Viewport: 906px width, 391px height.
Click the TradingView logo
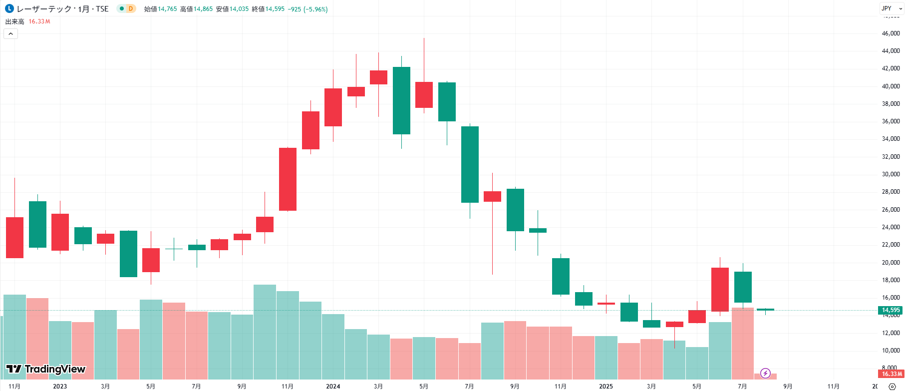(x=45, y=369)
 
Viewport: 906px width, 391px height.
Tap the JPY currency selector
(x=892, y=8)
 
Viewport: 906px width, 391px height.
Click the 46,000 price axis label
(x=891, y=33)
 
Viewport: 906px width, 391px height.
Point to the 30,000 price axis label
(x=891, y=174)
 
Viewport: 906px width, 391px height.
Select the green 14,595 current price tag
(x=891, y=310)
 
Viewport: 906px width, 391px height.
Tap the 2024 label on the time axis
(x=333, y=386)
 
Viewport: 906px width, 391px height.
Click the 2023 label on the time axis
(x=60, y=386)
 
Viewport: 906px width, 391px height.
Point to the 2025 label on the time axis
(x=606, y=386)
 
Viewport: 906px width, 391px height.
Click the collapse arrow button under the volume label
(x=10, y=33)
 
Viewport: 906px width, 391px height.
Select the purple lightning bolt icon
(x=765, y=373)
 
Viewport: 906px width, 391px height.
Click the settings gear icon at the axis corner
(x=893, y=387)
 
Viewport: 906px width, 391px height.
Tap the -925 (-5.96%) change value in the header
(x=307, y=9)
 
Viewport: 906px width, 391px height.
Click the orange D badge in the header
(x=131, y=8)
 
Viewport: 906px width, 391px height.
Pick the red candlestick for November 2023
(x=288, y=179)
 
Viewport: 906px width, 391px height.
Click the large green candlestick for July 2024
(x=470, y=164)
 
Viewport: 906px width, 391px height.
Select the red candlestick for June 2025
(x=720, y=289)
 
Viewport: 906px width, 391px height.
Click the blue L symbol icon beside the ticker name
(x=9, y=8)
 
